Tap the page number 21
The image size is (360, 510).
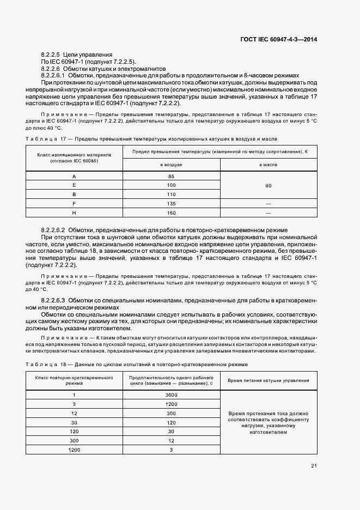(314, 465)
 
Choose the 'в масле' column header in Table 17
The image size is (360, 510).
(268, 164)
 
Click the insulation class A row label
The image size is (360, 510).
(74, 177)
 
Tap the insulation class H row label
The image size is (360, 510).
(74, 212)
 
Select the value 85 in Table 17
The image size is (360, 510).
(170, 177)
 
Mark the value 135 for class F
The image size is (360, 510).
(170, 204)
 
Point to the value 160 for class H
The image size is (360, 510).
(170, 212)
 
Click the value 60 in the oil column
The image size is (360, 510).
(268, 186)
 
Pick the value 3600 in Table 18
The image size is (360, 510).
(170, 394)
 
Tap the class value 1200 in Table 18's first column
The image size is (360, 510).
(74, 450)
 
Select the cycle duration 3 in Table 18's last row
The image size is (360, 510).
(170, 450)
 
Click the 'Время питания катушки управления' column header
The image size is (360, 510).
(268, 381)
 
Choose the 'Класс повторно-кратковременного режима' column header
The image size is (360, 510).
(74, 381)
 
